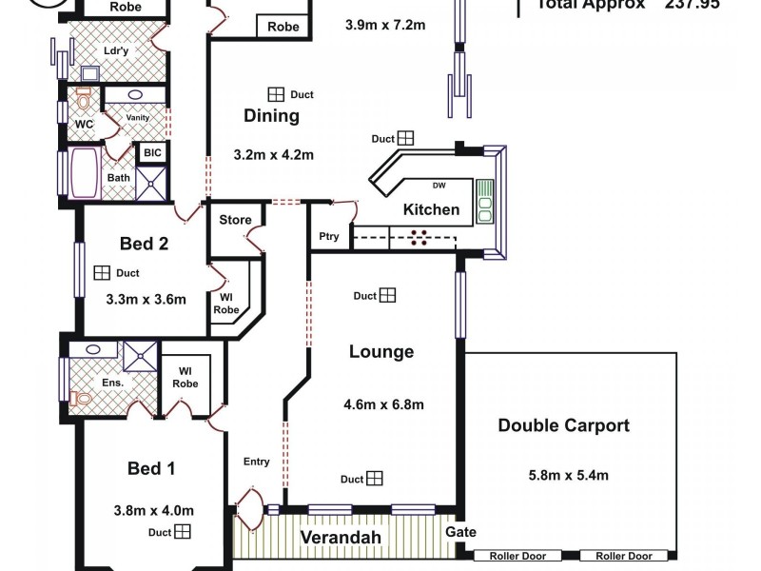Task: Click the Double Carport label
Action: click(563, 425)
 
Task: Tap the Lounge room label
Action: click(380, 351)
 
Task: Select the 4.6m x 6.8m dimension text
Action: click(383, 404)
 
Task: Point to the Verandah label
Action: click(341, 538)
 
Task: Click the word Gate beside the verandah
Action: click(460, 532)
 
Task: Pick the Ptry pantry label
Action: click(329, 237)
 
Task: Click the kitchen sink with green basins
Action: click(484, 200)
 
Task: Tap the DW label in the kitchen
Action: click(439, 186)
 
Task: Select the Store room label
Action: click(235, 220)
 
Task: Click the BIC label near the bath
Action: click(151, 153)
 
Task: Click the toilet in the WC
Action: click(83, 98)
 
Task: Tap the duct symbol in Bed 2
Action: click(102, 273)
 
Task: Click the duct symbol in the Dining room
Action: click(276, 94)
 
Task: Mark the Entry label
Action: click(256, 462)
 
